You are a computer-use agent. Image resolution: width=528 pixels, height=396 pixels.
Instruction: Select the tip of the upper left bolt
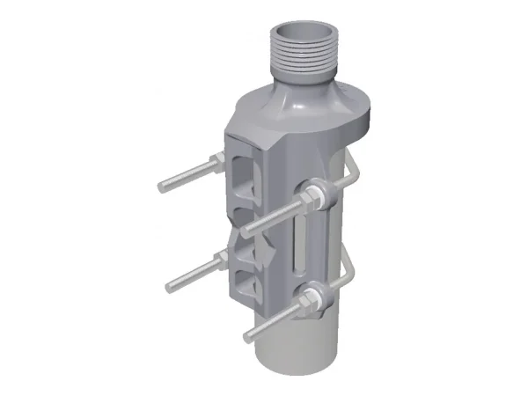click(x=162, y=187)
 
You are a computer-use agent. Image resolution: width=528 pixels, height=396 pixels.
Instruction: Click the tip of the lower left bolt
click(x=170, y=285)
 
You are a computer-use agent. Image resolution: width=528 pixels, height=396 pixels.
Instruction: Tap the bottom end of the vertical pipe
click(x=290, y=370)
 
